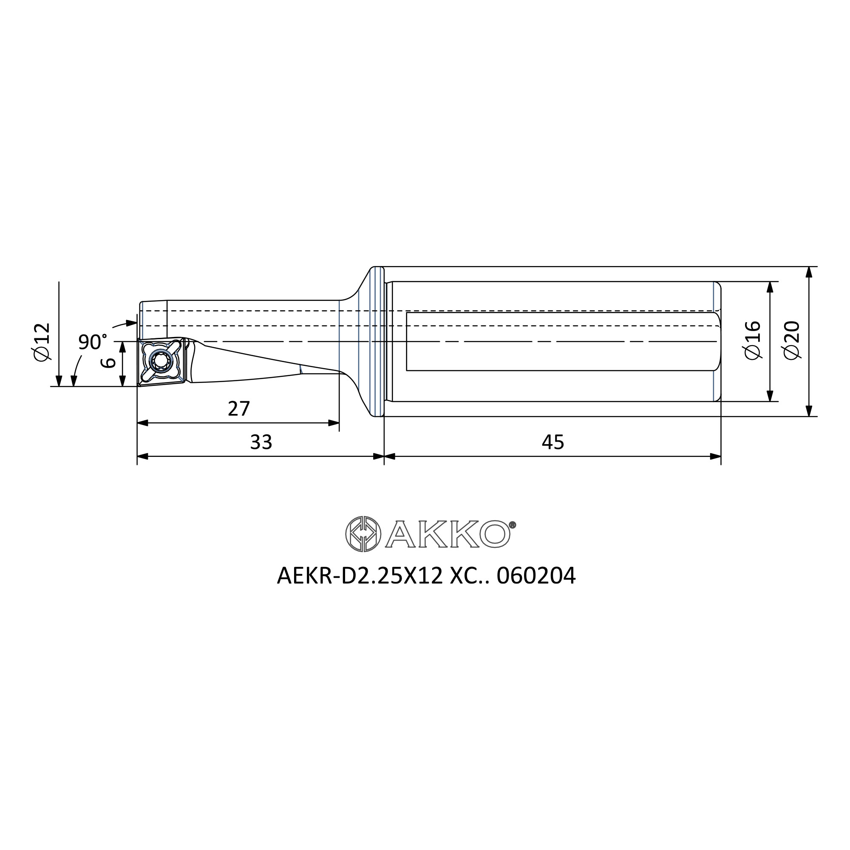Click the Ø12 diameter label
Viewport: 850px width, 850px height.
42,342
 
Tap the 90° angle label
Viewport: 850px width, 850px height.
92,342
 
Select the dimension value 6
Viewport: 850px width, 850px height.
108,363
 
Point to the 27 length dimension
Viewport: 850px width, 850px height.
239,409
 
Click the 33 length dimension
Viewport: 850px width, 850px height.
261,442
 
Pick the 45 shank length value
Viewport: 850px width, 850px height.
552,442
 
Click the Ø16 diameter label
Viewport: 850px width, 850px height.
752,340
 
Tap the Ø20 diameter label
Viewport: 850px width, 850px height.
792,340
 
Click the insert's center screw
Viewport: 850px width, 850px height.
159,361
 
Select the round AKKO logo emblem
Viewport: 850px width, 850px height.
363,534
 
